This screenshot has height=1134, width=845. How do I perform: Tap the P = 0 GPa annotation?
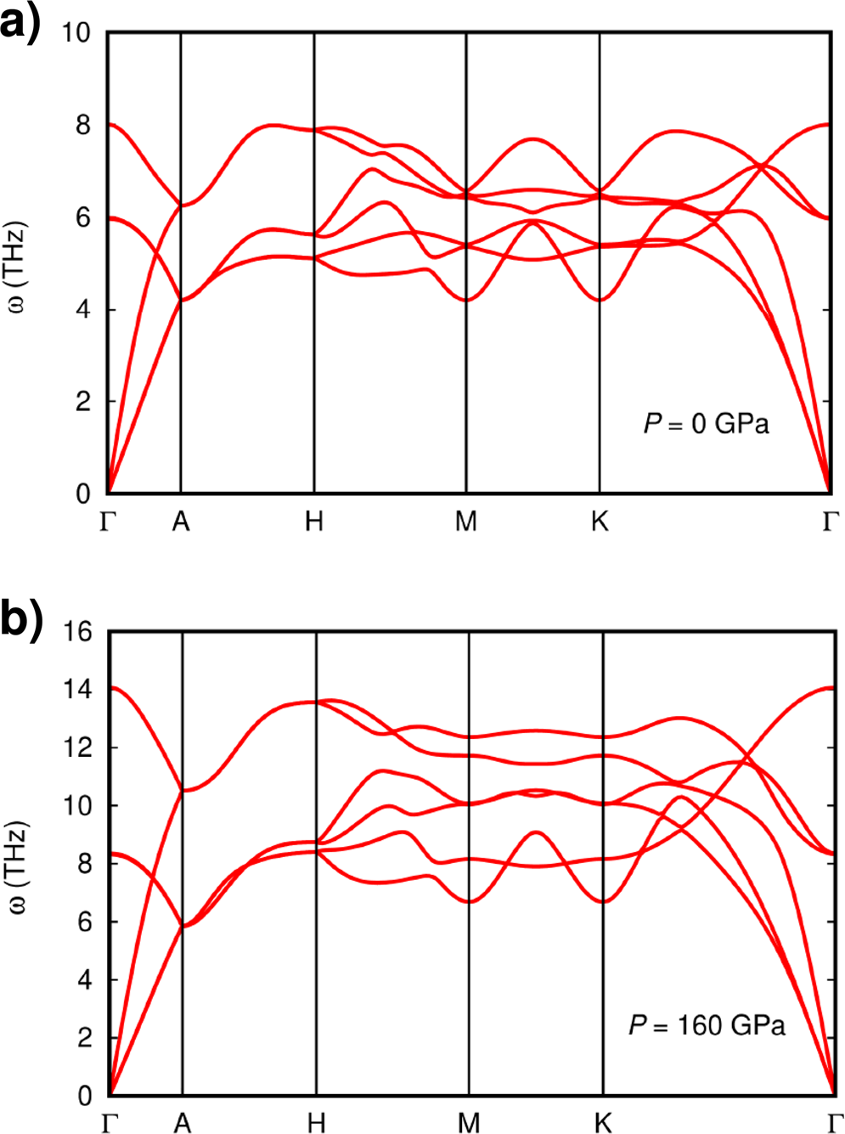point(706,423)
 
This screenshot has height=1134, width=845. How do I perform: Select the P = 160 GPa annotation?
point(707,1025)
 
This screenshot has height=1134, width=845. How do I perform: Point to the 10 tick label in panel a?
point(76,33)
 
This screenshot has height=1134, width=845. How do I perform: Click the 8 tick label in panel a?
point(82,126)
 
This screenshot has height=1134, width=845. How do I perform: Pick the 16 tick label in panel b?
point(77,632)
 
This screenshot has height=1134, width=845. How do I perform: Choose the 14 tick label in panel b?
point(77,690)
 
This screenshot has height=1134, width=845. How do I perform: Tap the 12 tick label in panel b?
point(77,748)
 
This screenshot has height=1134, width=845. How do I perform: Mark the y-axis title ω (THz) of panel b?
point(19,866)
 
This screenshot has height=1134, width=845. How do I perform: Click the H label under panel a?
point(314,522)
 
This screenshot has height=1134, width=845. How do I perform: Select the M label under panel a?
point(465,522)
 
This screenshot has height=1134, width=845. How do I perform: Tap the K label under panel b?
point(602,1124)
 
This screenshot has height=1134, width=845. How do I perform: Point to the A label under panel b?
point(182,1124)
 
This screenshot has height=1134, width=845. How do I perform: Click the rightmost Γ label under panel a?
point(831,522)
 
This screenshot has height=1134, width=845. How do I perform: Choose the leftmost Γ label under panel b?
point(110,1124)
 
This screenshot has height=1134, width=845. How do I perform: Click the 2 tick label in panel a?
point(82,402)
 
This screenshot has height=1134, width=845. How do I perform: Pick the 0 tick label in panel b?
point(84,1096)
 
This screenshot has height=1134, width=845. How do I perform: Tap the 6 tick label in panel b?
point(84,922)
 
